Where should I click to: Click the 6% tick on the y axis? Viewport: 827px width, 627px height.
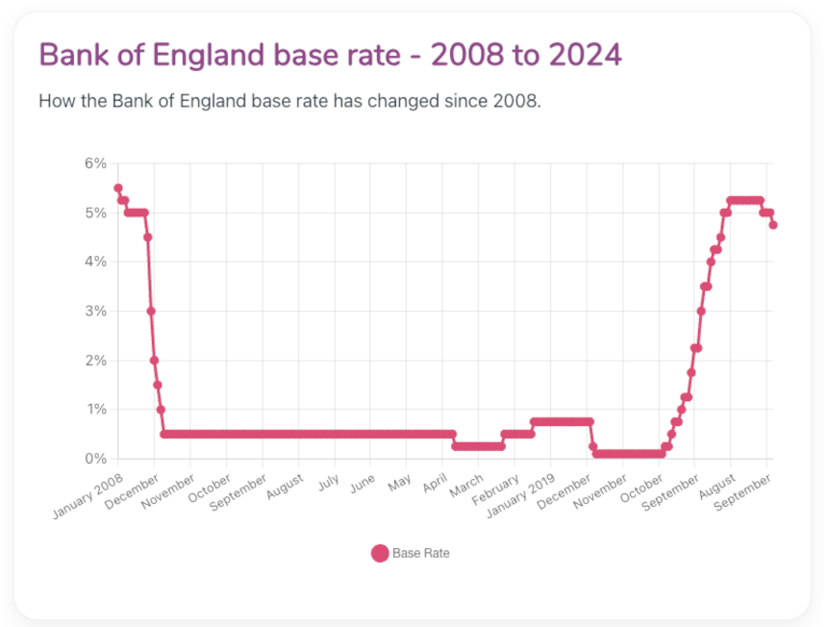point(95,163)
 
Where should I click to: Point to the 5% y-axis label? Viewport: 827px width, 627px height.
point(95,213)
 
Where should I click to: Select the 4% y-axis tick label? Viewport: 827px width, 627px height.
point(95,262)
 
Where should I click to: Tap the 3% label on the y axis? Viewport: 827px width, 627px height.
point(95,311)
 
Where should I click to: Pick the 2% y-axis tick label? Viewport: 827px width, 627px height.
point(95,361)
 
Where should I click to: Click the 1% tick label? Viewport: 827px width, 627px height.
point(95,410)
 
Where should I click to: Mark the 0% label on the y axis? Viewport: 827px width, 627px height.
point(95,459)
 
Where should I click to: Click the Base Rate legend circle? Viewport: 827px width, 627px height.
point(380,553)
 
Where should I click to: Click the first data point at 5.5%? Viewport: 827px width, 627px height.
point(118,188)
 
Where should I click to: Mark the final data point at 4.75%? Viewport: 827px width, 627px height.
point(773,225)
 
